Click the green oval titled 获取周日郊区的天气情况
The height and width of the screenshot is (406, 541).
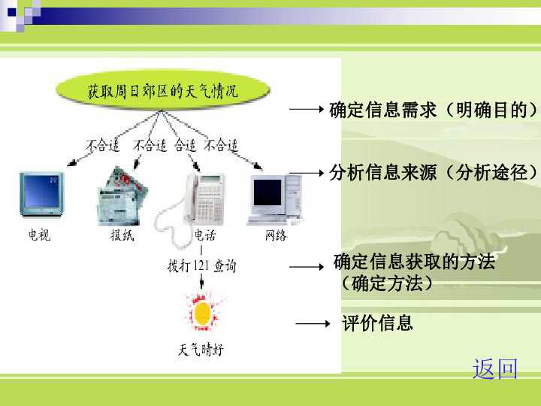point(162,92)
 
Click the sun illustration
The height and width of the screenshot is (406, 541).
point(201,311)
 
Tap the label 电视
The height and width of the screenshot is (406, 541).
point(39,235)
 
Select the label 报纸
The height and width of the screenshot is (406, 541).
point(122,235)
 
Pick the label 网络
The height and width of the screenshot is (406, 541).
point(276,235)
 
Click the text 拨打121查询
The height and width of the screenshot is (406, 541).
point(201,265)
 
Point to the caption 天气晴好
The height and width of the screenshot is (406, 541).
point(201,350)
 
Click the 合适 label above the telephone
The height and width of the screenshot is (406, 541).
point(185,145)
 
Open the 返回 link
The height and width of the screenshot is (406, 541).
point(495,369)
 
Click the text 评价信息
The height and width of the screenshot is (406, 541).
point(377,324)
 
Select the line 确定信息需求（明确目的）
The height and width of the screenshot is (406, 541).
point(434,111)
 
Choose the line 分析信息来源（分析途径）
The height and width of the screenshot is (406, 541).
point(434,173)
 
